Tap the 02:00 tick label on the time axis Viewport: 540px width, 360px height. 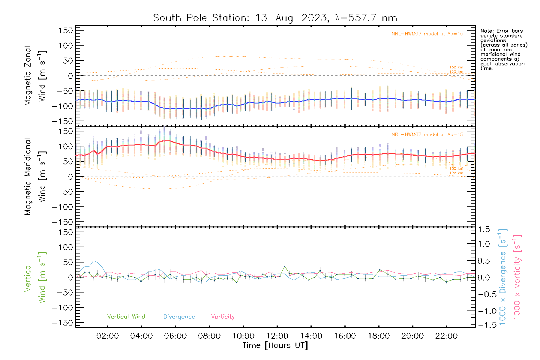[x=107, y=336]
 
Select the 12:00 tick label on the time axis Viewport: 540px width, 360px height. [x=277, y=336]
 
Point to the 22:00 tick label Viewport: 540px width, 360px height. [x=446, y=336]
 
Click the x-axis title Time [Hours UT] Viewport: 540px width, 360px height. [x=275, y=346]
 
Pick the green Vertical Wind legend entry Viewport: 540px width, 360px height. [x=126, y=317]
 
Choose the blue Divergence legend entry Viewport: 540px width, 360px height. [x=179, y=317]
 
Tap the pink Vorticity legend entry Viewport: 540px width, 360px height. [x=223, y=317]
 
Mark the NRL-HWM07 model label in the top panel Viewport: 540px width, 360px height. [x=427, y=34]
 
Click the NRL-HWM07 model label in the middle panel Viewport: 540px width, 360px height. [x=427, y=135]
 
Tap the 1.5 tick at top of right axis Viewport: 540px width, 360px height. [x=484, y=229]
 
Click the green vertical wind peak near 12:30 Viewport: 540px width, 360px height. [x=285, y=266]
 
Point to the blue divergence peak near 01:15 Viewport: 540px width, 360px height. [x=94, y=261]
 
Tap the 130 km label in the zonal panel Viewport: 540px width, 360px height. [x=456, y=67]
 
